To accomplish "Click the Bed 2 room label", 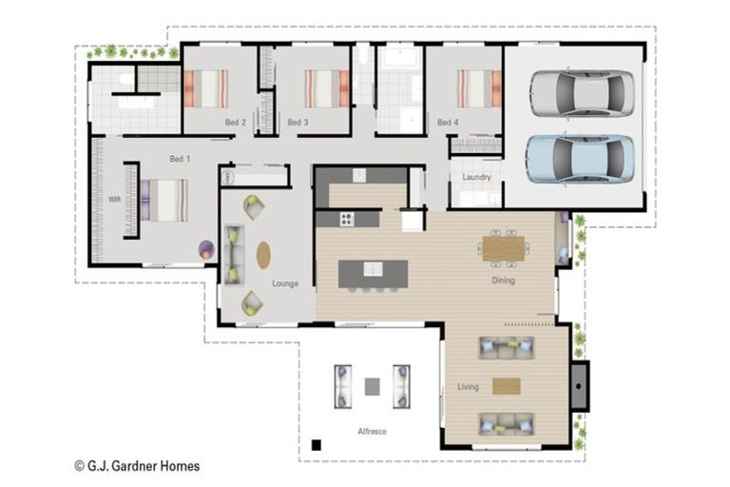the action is [235, 123].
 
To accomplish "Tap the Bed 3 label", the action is [298, 122].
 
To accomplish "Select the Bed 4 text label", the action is [448, 122].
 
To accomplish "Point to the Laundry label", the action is [477, 177].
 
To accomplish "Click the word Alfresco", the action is [372, 432].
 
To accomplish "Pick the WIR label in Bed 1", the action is [114, 200].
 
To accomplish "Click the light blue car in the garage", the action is [581, 159].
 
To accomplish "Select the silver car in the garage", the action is [582, 93].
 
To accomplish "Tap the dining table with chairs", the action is [503, 248].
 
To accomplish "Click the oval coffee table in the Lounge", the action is [263, 255].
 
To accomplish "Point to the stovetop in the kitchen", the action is [347, 219].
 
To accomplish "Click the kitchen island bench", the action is [374, 274].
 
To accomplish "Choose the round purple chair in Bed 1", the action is [206, 250].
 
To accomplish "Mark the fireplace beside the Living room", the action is [580, 386].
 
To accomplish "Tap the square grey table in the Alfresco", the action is [372, 387].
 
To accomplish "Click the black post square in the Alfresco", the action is [317, 445].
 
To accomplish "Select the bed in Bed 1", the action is [164, 201].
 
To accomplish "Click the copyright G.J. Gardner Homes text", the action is [137, 466].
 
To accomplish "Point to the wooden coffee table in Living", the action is [507, 386].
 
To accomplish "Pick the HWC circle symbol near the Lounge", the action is [228, 178].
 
